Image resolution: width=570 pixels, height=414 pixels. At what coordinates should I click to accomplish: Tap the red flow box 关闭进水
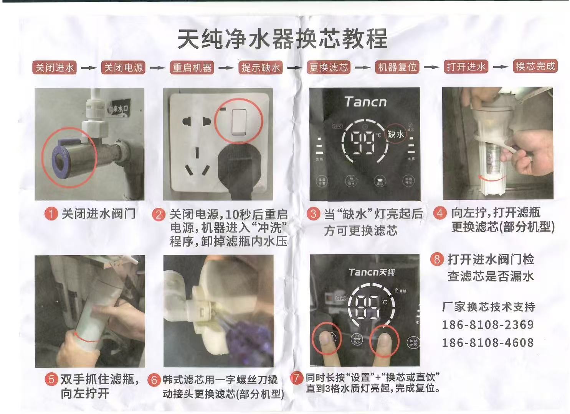(54, 68)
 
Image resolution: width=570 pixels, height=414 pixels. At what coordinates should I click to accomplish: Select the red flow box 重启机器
(192, 68)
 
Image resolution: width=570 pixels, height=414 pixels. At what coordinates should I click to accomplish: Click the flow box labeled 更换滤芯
(329, 67)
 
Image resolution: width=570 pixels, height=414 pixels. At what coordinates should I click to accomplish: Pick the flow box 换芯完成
(535, 66)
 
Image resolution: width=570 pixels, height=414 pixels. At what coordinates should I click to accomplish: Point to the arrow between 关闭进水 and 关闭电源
(89, 68)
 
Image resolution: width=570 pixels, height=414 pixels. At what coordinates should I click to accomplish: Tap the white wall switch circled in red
(239, 122)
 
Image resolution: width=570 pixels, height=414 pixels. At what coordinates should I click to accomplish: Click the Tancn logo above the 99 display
(365, 102)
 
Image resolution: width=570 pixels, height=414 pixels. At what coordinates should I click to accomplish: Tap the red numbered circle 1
(51, 214)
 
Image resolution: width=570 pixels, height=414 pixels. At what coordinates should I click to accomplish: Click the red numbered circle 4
(440, 213)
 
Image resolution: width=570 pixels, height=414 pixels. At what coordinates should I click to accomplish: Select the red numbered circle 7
(296, 378)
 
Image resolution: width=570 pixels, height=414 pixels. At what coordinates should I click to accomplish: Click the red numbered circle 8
(437, 259)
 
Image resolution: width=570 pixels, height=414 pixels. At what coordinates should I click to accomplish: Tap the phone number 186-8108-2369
(487, 325)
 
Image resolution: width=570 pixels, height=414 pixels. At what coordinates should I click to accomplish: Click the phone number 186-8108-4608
(487, 342)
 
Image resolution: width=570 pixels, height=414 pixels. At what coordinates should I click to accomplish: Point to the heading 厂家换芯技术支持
(488, 307)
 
